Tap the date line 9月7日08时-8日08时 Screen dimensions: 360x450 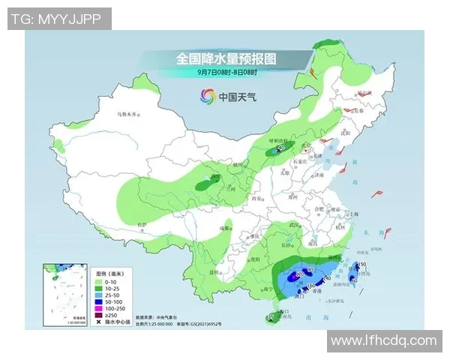click(226, 72)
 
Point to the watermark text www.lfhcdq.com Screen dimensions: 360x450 click(383, 340)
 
